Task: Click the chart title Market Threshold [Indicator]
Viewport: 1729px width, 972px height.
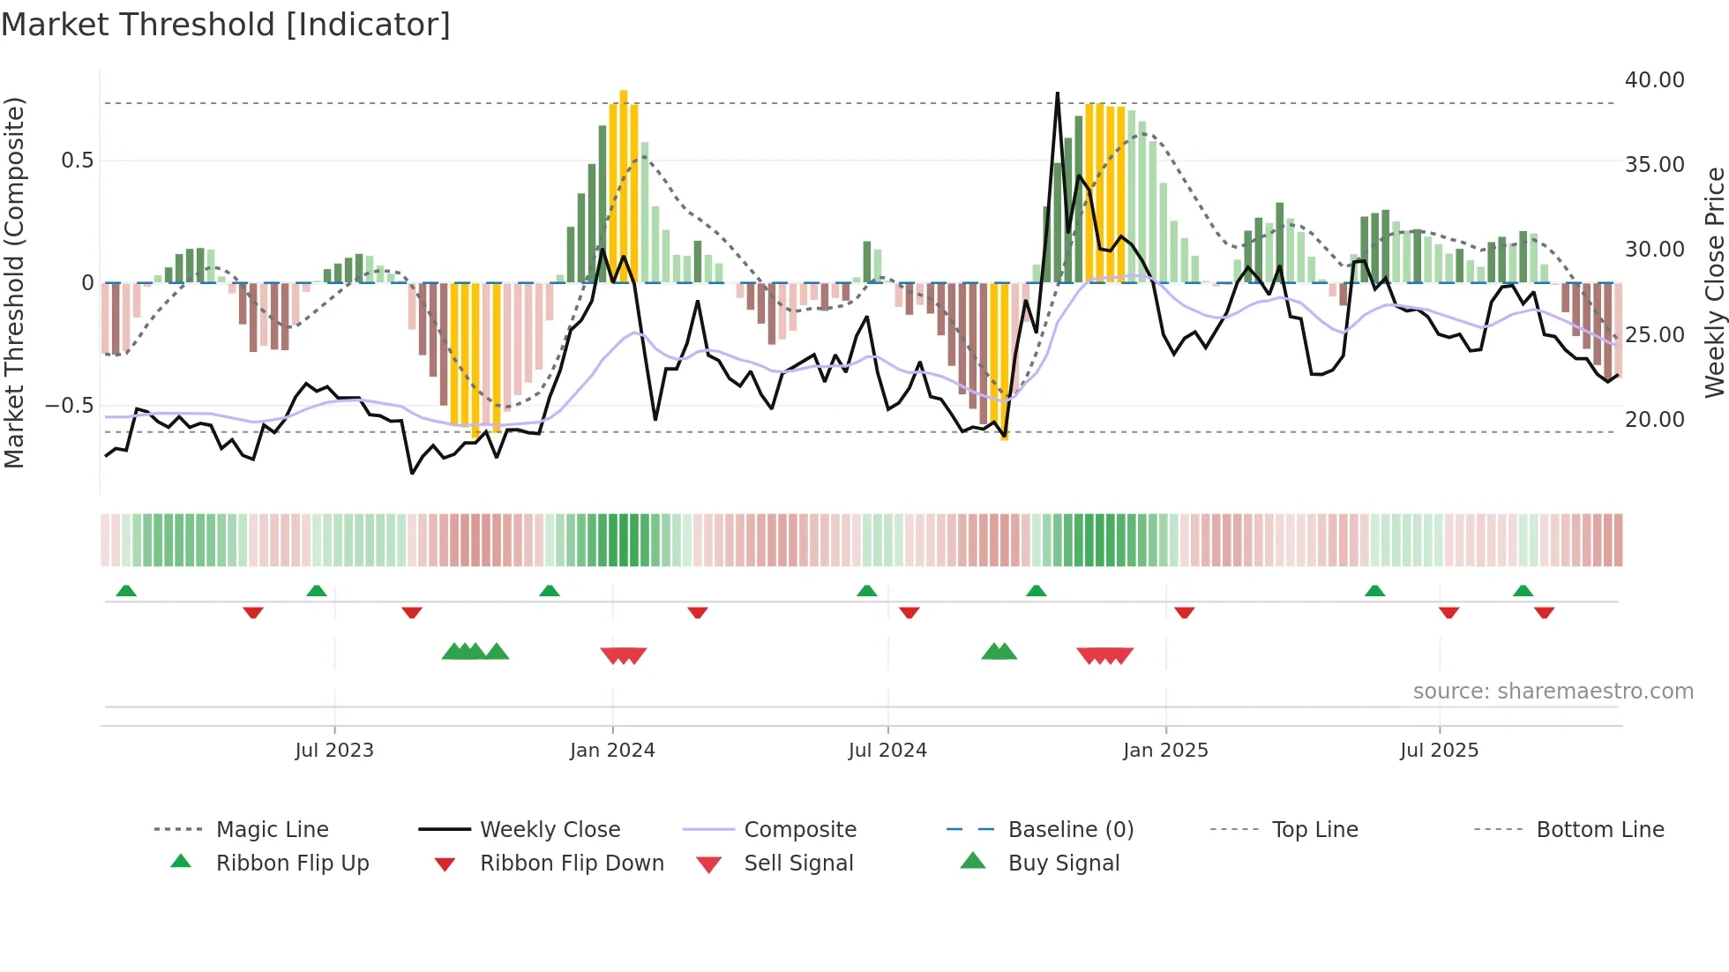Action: (226, 25)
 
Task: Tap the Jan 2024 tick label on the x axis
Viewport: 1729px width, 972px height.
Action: (612, 751)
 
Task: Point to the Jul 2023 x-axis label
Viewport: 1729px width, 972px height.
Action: (334, 751)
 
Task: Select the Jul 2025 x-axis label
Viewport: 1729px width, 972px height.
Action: (1439, 751)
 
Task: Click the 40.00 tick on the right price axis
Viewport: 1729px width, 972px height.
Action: (1654, 80)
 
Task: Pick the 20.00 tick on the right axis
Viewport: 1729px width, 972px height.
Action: (1654, 420)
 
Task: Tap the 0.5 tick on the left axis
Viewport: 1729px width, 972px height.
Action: (78, 161)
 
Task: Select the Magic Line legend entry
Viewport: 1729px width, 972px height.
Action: (272, 830)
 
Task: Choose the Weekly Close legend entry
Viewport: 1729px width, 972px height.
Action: (550, 830)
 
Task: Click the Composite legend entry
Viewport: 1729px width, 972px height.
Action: (800, 830)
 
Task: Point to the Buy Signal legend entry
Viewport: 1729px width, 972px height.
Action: (1063, 864)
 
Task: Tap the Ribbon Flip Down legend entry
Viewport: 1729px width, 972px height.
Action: (572, 864)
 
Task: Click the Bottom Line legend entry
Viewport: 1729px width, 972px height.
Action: (1599, 830)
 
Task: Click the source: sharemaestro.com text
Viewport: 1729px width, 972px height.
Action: (1553, 692)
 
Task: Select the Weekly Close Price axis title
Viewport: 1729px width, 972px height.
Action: (1714, 282)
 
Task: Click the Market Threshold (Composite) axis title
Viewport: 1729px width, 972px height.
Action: (14, 282)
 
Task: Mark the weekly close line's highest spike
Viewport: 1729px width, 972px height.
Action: (1057, 93)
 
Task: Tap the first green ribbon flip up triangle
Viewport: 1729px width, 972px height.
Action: (126, 591)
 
